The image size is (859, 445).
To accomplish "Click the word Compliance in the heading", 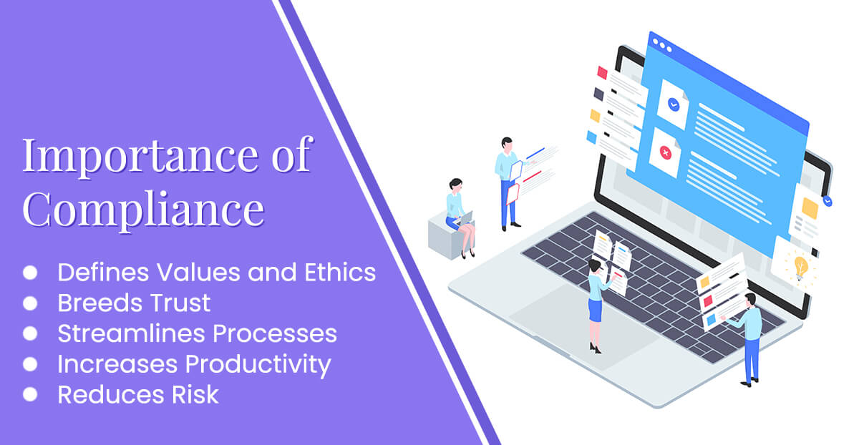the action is pyautogui.click(x=143, y=210).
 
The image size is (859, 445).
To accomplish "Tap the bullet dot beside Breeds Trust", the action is pyautogui.click(x=30, y=303).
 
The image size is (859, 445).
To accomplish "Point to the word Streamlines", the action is pyautogui.click(x=131, y=333).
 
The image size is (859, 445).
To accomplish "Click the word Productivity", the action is pyautogui.click(x=258, y=364).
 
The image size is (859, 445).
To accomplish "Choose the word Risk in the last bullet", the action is pyautogui.click(x=195, y=394).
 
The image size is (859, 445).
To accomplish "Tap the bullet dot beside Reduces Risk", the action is pyautogui.click(x=30, y=394).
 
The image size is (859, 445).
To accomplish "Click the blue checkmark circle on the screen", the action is pyautogui.click(x=674, y=104).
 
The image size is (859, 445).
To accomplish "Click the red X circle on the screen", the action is pyautogui.click(x=665, y=153).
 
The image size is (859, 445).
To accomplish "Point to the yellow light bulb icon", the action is pyautogui.click(x=801, y=267).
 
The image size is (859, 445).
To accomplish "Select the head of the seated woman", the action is pyautogui.click(x=455, y=185).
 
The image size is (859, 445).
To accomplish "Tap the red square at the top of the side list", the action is pyautogui.click(x=602, y=73).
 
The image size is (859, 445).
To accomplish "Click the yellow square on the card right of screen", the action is pyautogui.click(x=810, y=208).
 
